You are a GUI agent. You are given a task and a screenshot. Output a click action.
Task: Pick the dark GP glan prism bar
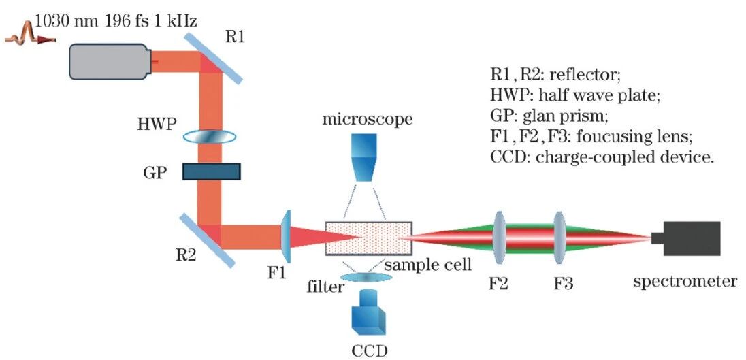click(211, 171)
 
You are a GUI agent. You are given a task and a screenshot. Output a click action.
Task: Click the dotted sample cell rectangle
click(368, 238)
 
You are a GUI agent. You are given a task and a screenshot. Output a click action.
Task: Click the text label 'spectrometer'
click(685, 280)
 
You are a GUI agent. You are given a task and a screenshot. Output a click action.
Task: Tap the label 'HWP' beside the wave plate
click(156, 125)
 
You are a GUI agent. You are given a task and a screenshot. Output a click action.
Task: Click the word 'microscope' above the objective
click(368, 120)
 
